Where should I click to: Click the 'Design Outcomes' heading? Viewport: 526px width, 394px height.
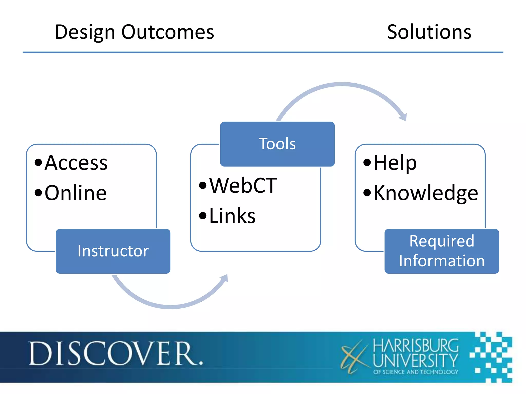point(134,32)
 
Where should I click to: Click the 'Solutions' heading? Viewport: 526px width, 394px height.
point(429,32)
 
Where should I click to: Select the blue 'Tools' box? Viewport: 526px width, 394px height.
point(277,144)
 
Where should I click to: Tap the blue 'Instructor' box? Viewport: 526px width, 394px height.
point(113,251)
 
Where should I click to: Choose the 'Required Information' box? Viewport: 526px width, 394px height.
point(442,251)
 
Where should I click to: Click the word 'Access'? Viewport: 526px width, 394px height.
point(76,163)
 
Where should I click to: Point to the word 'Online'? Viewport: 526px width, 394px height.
point(76,193)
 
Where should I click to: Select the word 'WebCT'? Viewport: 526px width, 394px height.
point(243,185)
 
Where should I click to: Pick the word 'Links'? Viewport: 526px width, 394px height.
point(232,216)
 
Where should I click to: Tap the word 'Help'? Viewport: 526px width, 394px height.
point(395,163)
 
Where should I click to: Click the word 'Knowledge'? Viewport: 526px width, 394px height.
point(426,193)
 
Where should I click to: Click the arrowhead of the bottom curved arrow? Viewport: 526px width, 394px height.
point(224,278)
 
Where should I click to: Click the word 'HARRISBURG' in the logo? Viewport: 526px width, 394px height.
point(416,346)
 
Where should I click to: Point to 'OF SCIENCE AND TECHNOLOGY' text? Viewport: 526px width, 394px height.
point(416,372)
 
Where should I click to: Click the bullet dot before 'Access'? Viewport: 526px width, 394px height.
point(38,162)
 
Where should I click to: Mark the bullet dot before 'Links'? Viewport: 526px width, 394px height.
point(203,216)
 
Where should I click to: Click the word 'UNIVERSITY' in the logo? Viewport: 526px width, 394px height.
point(415,360)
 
